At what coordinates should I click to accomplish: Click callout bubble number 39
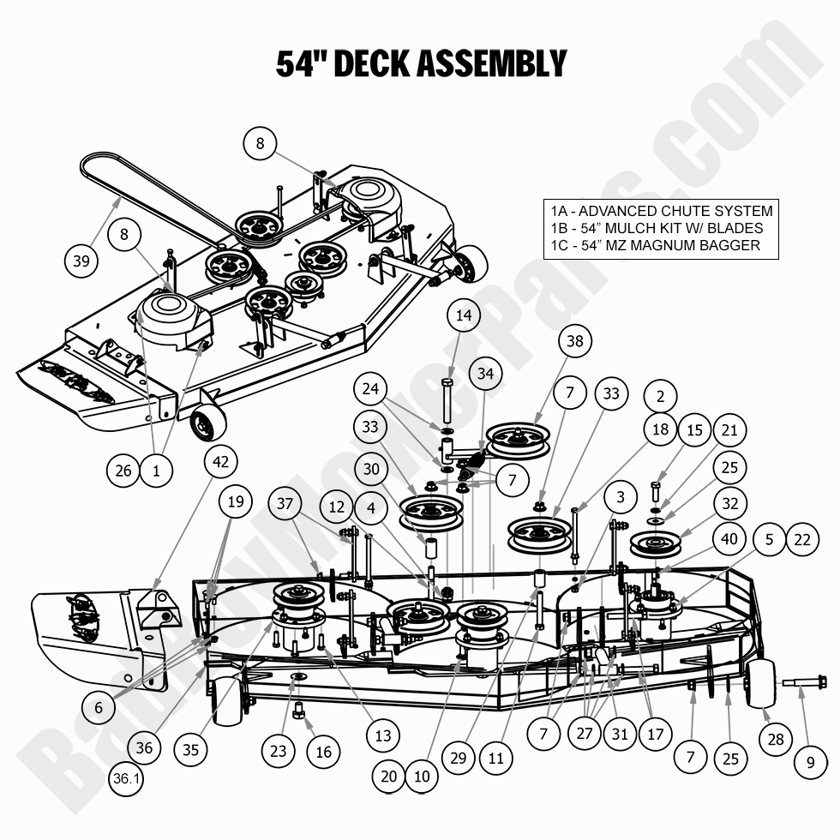[82, 261]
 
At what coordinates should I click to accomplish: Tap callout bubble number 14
[464, 315]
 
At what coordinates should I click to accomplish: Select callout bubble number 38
[574, 341]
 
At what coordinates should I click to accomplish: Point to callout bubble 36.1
[127, 779]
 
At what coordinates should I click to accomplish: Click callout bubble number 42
[221, 460]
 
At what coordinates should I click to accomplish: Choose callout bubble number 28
[776, 738]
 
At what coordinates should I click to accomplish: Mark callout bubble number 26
[124, 470]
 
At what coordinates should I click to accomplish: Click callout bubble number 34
[486, 374]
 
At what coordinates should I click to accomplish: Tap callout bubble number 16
[323, 753]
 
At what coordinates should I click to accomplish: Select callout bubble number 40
[729, 539]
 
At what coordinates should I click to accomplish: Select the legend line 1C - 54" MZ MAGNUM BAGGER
[656, 246]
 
